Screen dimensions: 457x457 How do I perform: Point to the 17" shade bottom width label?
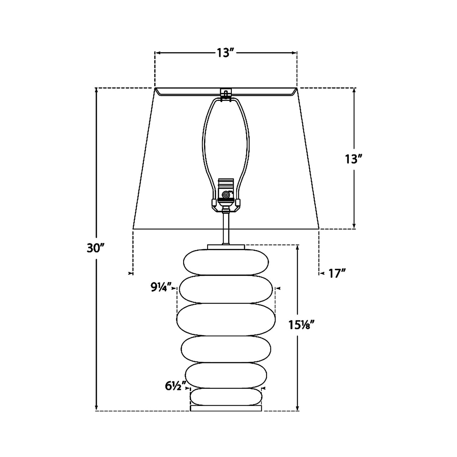pyautogui.click(x=337, y=274)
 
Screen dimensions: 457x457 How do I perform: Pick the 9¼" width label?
pyautogui.click(x=161, y=288)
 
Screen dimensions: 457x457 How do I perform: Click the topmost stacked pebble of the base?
pyautogui.click(x=226, y=262)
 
